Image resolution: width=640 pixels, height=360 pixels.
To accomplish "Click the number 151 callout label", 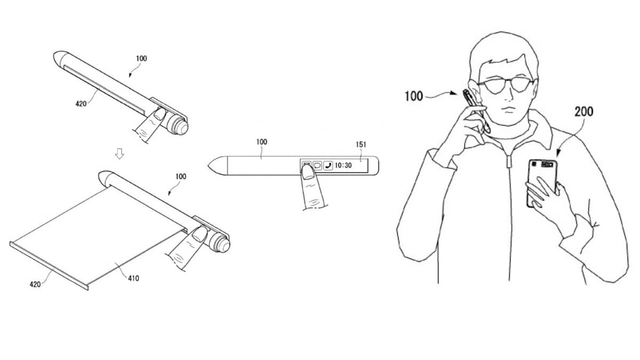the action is pyautogui.click(x=361, y=145).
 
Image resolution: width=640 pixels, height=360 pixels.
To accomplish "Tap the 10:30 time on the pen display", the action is pyautogui.click(x=343, y=165).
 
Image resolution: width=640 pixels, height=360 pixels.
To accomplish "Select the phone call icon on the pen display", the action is pyautogui.click(x=328, y=165).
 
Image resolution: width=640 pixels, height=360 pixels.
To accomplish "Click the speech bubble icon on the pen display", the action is pyautogui.click(x=317, y=165).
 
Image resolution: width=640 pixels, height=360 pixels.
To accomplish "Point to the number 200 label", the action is pyautogui.click(x=583, y=111).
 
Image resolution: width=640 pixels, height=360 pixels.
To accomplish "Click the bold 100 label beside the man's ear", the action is pyautogui.click(x=414, y=96).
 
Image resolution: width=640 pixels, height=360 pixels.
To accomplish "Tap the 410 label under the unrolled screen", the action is pyautogui.click(x=133, y=278).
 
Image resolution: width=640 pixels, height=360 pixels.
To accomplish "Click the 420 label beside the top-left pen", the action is pyautogui.click(x=81, y=103).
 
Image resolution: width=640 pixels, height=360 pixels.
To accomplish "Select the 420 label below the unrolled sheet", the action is pyautogui.click(x=35, y=284).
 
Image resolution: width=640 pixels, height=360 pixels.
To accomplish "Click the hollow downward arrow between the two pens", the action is pyautogui.click(x=119, y=154).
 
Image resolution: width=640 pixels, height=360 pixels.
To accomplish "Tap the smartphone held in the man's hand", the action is pyautogui.click(x=542, y=183).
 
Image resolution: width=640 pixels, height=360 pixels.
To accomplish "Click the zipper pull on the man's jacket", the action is pyautogui.click(x=508, y=162).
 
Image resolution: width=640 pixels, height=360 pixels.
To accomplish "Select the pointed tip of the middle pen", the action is pyautogui.click(x=209, y=165).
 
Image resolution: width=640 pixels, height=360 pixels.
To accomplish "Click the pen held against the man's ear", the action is pyautogui.click(x=476, y=111).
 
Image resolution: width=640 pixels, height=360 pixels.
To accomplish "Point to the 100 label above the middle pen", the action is pyautogui.click(x=262, y=142).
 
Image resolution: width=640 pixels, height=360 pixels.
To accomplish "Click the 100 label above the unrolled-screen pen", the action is pyautogui.click(x=181, y=177).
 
